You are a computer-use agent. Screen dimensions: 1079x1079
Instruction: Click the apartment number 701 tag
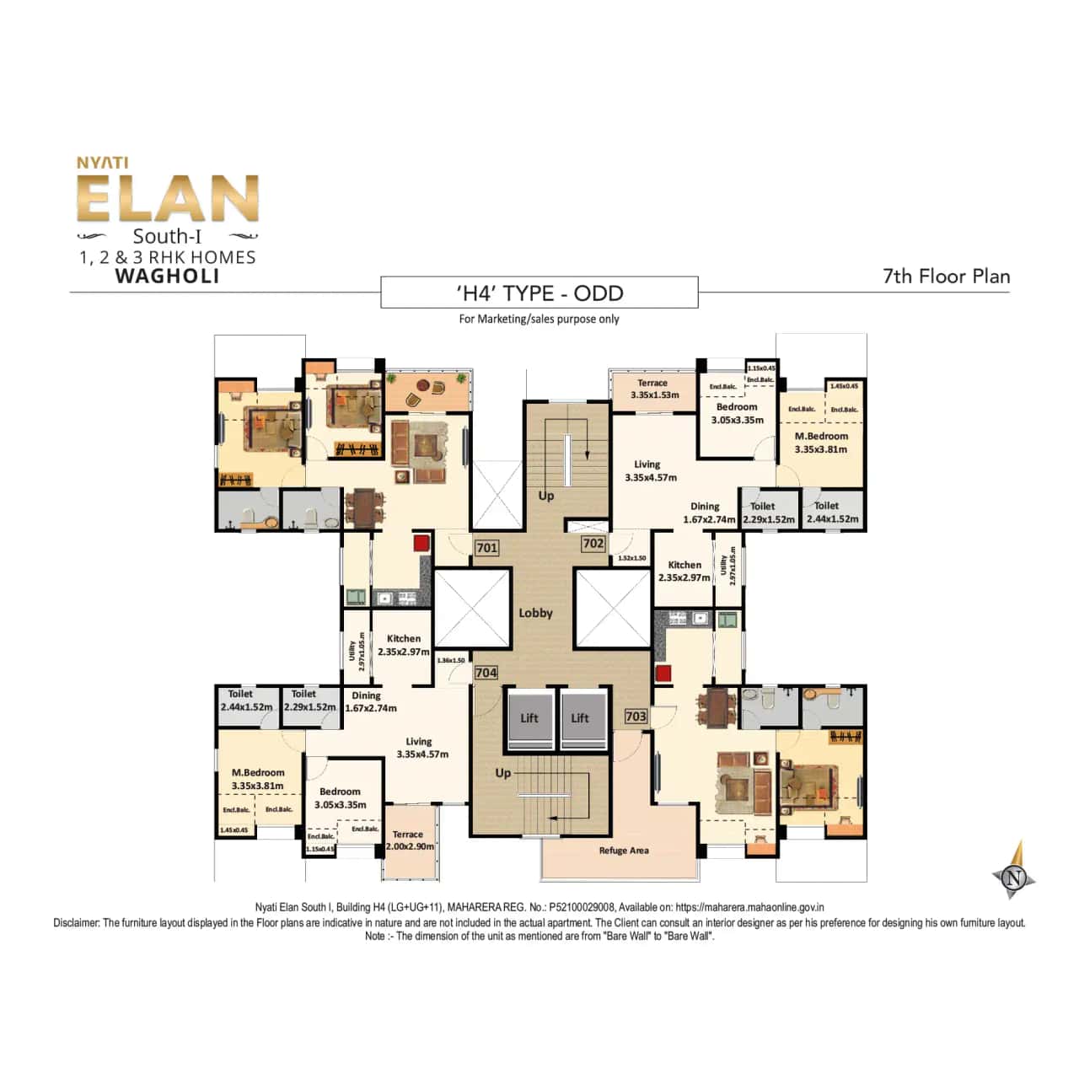(486, 548)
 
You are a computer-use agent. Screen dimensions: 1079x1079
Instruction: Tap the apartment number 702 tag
(593, 544)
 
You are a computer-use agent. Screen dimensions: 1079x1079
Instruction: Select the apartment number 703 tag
(636, 717)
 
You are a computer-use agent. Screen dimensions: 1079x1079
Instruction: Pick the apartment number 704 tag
(486, 673)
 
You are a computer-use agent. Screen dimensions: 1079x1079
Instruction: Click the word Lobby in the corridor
(535, 613)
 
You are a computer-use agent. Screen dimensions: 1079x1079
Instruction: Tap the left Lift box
(529, 717)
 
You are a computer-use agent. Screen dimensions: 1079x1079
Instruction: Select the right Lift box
(580, 717)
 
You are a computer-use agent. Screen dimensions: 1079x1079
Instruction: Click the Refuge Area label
(624, 851)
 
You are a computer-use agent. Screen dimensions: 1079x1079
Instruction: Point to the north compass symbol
(1014, 876)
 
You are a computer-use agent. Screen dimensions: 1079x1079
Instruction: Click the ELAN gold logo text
(167, 200)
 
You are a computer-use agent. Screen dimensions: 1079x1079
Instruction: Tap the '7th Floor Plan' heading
(946, 276)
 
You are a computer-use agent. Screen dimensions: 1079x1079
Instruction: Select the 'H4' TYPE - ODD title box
(539, 293)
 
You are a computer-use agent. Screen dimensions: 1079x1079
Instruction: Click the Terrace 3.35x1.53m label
(653, 389)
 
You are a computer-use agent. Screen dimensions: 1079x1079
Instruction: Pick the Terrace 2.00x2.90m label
(409, 840)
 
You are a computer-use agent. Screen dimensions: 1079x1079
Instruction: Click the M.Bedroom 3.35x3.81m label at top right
(821, 443)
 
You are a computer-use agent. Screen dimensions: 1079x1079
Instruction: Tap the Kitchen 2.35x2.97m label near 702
(684, 572)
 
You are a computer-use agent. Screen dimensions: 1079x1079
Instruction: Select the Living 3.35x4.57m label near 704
(421, 748)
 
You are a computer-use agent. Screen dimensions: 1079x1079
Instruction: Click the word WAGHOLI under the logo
(167, 276)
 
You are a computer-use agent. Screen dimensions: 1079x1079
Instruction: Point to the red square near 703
(663, 673)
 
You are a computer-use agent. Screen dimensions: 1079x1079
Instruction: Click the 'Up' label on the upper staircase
(546, 496)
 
